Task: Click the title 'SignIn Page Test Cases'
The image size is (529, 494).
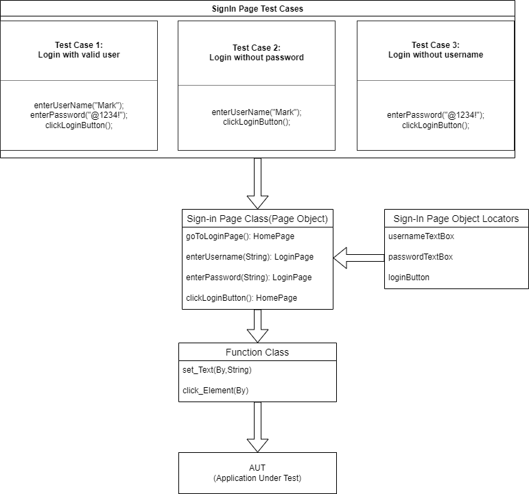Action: tap(257, 9)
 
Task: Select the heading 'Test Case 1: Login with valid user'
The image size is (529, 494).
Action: tap(79, 50)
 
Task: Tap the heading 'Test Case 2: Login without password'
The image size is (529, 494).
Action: tap(257, 53)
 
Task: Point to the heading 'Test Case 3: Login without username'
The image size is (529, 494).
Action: tap(435, 50)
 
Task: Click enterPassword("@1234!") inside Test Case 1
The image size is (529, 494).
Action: tap(79, 116)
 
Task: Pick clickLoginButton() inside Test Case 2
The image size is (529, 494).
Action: tap(257, 122)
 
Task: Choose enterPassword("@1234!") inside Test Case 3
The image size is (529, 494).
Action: tap(435, 116)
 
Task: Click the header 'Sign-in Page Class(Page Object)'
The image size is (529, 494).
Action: tap(257, 219)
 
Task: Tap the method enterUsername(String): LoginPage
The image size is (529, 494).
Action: tap(250, 257)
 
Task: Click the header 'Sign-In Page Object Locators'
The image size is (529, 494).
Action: tap(456, 219)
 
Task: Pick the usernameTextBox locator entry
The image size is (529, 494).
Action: tap(421, 236)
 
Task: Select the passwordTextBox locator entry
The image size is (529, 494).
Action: tap(421, 257)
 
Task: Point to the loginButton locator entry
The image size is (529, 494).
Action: tap(409, 277)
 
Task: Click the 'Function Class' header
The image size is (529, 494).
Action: tap(257, 352)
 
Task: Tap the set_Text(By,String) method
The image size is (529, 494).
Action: tap(217, 370)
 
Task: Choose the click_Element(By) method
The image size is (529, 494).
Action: tap(215, 391)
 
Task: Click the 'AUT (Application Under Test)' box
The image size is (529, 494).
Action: tap(257, 473)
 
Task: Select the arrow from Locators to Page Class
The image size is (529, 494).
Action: tap(358, 258)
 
